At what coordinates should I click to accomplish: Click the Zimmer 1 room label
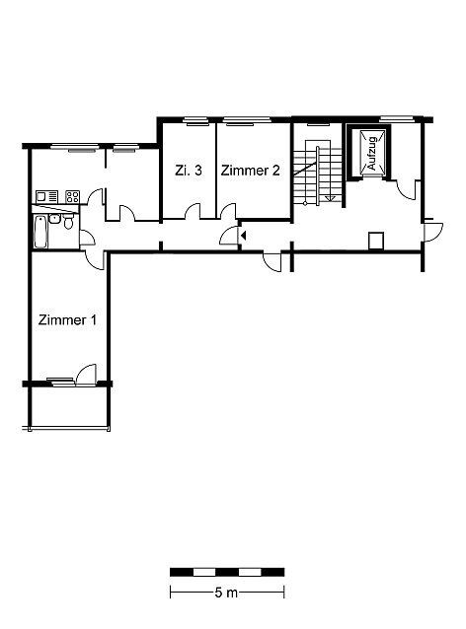67,320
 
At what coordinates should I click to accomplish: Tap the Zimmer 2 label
250,171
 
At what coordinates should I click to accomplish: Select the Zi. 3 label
189,171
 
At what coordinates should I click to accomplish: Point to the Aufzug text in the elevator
372,154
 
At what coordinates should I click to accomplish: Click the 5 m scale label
226,593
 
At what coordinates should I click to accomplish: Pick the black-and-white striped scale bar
227,572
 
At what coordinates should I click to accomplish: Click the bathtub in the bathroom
41,232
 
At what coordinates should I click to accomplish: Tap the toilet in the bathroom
69,222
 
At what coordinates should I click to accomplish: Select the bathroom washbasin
54,219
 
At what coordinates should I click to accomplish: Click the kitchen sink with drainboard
47,197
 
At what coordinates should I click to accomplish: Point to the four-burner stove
73,196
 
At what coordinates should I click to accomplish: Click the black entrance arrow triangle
243,236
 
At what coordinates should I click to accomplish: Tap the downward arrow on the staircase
331,197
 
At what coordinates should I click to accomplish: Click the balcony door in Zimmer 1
86,374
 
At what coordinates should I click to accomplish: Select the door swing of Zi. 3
193,211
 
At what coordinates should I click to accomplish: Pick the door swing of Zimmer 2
228,211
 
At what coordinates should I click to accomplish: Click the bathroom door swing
87,238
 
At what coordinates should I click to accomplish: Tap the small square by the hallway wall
376,241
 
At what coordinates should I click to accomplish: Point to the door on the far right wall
433,231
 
